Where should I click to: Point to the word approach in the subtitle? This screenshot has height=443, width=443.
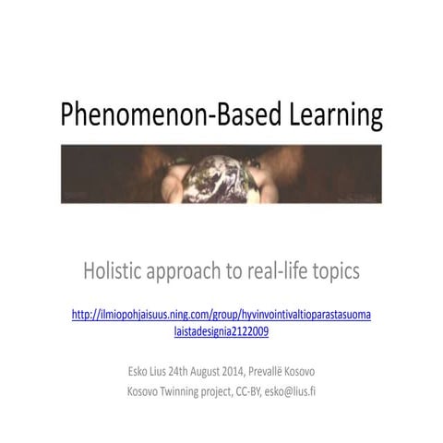pyautogui.click(x=196, y=272)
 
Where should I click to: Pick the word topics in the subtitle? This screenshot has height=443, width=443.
pyautogui.click(x=338, y=272)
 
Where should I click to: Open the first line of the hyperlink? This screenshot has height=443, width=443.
pyautogui.click(x=221, y=315)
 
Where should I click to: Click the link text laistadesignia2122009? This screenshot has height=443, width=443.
pyautogui.click(x=221, y=330)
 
